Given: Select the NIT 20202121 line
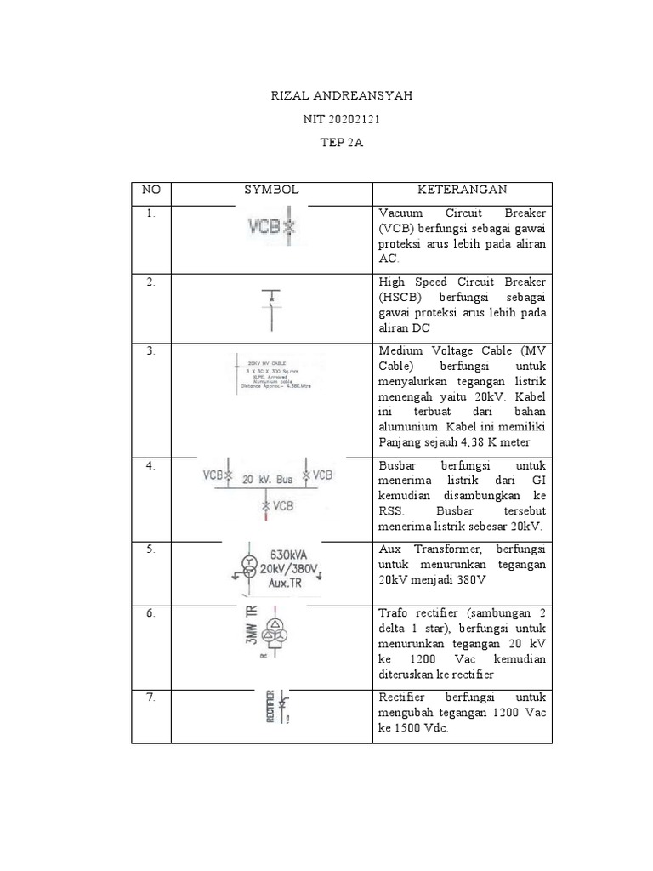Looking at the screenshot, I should point(341,120).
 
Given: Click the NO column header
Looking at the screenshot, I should point(150,190).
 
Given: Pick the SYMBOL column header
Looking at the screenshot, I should point(271,190).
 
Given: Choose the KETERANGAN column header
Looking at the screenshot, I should point(463,190).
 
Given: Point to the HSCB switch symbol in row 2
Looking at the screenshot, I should point(271,306).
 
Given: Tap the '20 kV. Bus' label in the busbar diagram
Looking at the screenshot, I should point(268,479).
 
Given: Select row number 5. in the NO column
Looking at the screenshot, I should point(150,549).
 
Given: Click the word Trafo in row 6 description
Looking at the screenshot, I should point(395,614).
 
